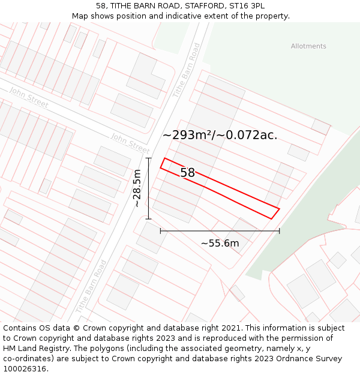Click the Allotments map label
[308, 46]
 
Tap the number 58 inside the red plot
[188, 173]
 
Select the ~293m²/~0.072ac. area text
[220, 135]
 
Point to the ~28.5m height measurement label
[137, 188]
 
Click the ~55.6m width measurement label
[220, 243]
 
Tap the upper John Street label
[29, 97]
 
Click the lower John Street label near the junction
[130, 143]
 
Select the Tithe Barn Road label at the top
[186, 70]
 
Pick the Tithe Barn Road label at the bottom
[92, 286]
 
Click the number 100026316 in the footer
[25, 368]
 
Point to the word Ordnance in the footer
[292, 359]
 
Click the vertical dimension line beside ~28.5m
[149, 188]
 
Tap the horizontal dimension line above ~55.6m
[220, 231]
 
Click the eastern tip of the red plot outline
[280, 208]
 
